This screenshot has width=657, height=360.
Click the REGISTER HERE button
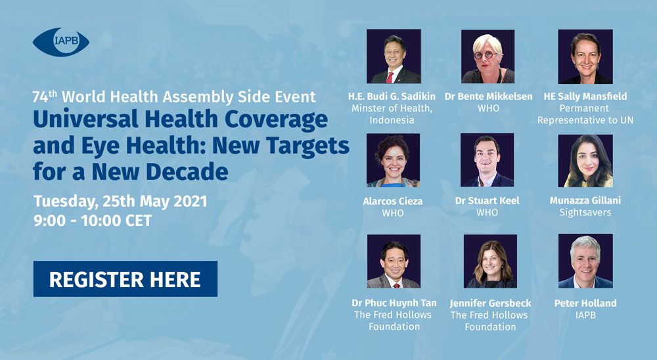125,279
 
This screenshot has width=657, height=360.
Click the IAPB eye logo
61,42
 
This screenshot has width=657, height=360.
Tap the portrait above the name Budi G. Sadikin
394,56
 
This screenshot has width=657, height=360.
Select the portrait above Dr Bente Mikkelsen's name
487,56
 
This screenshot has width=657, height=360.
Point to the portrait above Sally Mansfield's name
585,56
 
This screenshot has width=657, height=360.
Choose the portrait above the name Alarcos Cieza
393,160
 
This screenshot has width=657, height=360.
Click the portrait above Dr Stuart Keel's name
487,160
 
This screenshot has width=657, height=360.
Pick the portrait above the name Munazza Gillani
585,160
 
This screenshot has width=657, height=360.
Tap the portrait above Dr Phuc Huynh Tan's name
394,261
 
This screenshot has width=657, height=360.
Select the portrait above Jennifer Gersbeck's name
490,261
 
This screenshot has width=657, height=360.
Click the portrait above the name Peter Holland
585,261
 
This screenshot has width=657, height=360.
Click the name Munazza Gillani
585,200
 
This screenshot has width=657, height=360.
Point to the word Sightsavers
585,212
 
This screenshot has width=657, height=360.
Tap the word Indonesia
392,120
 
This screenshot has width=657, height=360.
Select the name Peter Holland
585,303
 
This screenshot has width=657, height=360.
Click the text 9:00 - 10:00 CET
93,221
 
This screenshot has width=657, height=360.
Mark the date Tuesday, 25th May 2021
120,202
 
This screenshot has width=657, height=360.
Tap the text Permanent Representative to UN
585,114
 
